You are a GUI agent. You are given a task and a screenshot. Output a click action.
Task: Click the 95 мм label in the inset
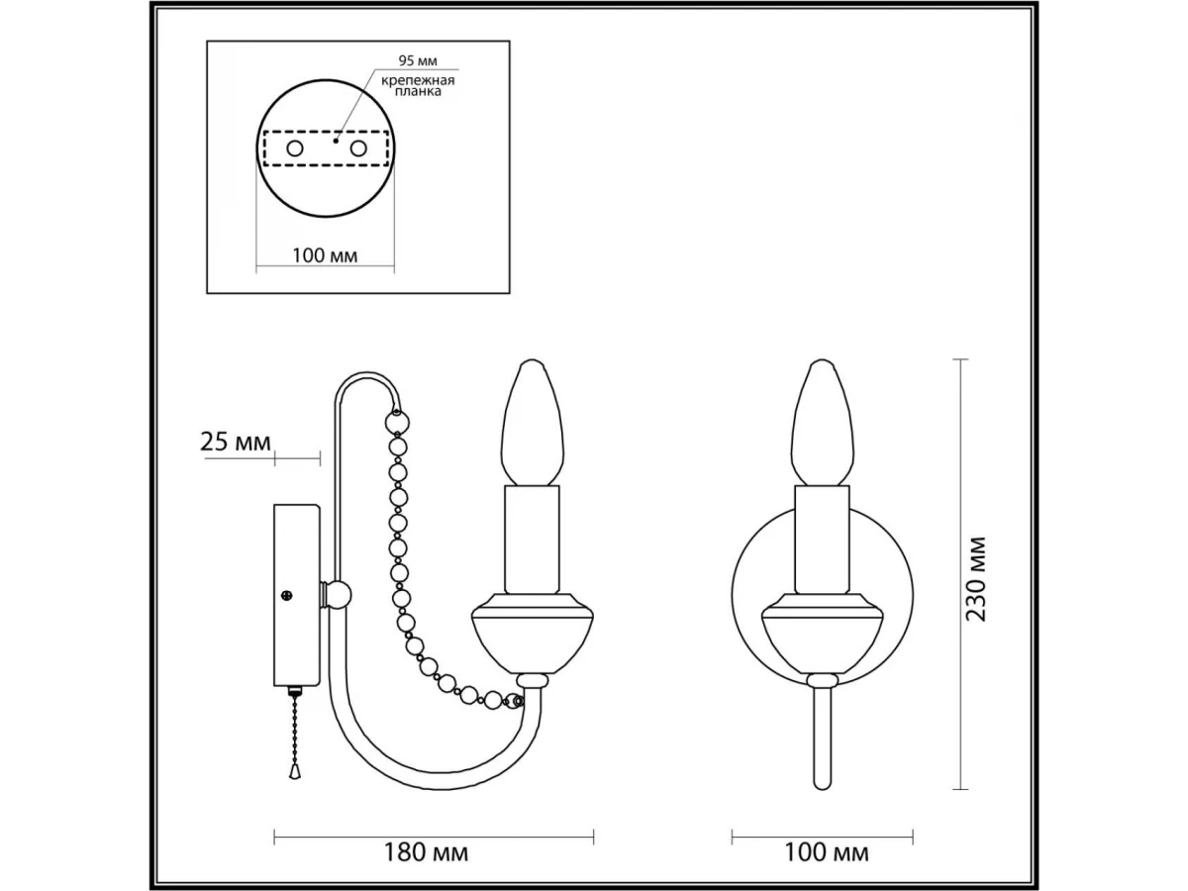(418, 60)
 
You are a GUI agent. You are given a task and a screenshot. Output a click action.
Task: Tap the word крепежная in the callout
(418, 81)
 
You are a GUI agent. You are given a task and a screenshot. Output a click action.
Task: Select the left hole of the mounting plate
(295, 148)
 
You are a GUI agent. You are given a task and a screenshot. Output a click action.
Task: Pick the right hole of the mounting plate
(358, 148)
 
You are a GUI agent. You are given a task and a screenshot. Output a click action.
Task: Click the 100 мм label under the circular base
(325, 255)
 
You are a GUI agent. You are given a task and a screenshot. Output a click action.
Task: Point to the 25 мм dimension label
(236, 442)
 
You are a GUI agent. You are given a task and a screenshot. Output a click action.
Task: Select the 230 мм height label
(976, 579)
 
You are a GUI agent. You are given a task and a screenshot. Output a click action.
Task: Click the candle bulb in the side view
(532, 422)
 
